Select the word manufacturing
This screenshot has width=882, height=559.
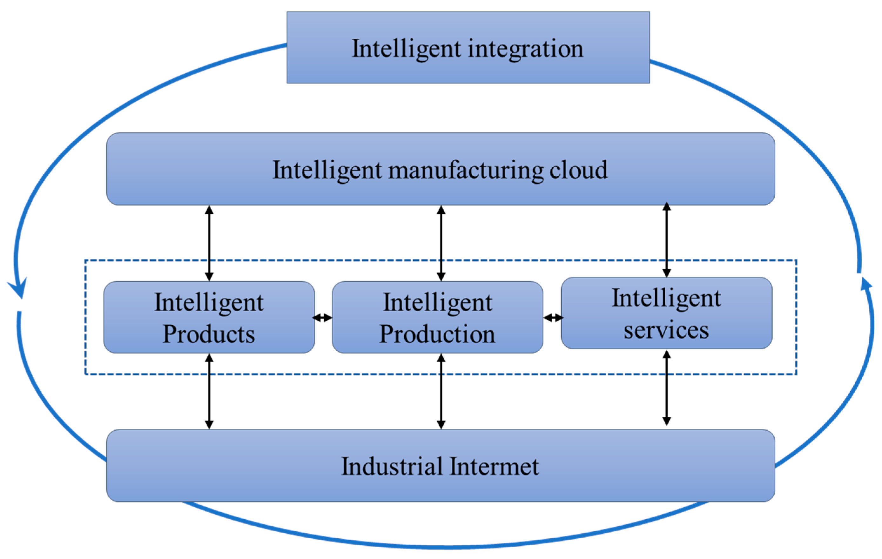point(465,171)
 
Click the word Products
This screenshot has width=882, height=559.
point(209,334)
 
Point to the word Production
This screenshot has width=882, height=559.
point(437,334)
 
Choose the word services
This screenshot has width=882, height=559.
point(666,330)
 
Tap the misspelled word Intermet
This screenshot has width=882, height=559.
point(495,466)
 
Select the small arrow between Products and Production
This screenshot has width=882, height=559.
point(323,318)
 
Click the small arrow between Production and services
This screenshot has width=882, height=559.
point(553,318)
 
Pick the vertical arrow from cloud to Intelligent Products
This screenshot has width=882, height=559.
point(209,243)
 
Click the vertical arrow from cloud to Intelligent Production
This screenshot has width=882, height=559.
point(441,243)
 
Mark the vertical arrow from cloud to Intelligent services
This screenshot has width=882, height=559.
point(667,240)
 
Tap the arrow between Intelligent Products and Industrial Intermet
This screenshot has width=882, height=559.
point(209,391)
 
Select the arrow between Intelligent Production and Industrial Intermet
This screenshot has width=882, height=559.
point(441,391)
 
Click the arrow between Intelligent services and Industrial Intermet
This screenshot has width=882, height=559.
point(667,388)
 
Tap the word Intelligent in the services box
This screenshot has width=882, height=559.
point(666,298)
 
